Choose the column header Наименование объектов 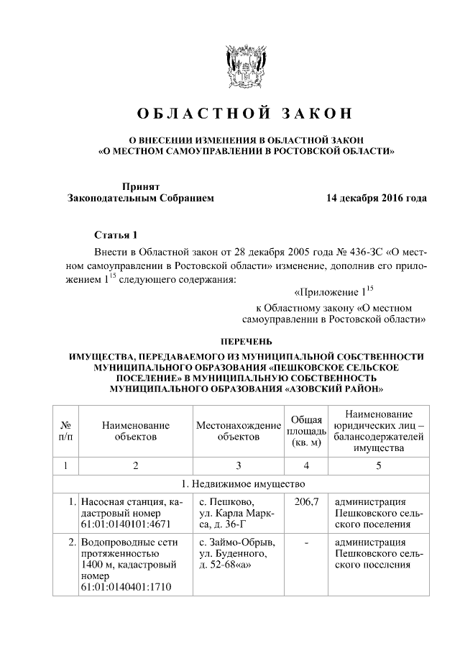coord(135,431)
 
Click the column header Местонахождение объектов coord(238,431)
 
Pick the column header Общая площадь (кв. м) coord(306,431)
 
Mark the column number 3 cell coord(238,465)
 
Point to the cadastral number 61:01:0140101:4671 coord(124,524)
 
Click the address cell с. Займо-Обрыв coord(236,542)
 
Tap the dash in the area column coord(306,542)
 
